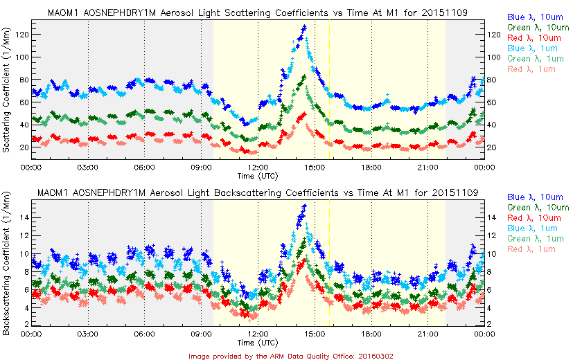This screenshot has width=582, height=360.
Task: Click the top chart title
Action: click(x=256, y=12)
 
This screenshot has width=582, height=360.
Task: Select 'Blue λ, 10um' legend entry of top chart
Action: click(x=534, y=16)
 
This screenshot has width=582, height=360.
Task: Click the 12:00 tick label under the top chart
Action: click(x=258, y=168)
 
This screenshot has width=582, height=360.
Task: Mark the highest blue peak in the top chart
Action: click(x=304, y=27)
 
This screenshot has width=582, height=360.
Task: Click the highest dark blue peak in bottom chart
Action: click(x=305, y=206)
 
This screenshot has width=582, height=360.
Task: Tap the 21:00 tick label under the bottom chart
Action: click(x=427, y=333)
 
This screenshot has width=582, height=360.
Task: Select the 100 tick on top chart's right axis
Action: click(x=495, y=57)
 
